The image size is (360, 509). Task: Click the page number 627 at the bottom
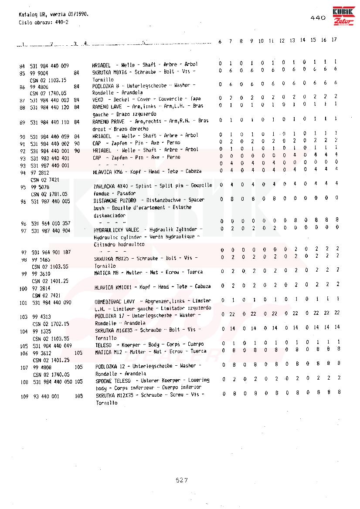(181, 480)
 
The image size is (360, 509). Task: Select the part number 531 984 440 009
(49, 66)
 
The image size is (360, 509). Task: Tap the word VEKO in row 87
(97, 99)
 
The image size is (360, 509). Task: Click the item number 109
(24, 397)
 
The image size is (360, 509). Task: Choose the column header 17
(334, 40)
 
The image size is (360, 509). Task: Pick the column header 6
(220, 41)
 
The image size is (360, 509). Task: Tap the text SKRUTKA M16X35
(110, 330)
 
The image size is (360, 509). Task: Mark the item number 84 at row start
(22, 66)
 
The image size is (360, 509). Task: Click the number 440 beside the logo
(318, 18)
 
